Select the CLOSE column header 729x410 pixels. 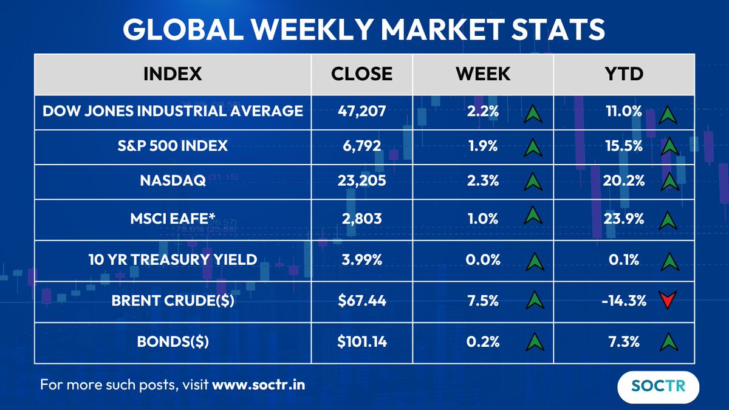[x=361, y=74]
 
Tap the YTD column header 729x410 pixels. [x=624, y=74]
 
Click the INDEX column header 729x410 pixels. [x=173, y=74]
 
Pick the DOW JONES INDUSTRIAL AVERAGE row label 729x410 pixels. [x=173, y=111]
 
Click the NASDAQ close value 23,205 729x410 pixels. [x=361, y=181]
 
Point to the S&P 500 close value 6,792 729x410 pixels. [x=361, y=146]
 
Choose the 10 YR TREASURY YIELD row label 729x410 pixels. [x=173, y=260]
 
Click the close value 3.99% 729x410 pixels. [x=361, y=260]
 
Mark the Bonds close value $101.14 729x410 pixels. [x=361, y=342]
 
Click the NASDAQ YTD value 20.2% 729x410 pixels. [x=624, y=181]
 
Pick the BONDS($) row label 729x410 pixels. [x=173, y=342]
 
